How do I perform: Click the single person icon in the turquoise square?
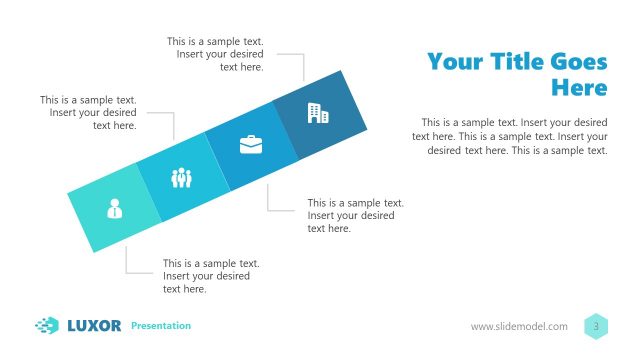[x=115, y=208]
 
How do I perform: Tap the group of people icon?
[x=181, y=178]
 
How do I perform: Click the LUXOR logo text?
[x=94, y=325]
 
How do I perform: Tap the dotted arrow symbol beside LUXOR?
[x=47, y=325]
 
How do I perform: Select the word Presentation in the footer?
[x=161, y=326]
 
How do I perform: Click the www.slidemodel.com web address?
[x=519, y=327]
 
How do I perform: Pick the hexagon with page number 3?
[x=596, y=326]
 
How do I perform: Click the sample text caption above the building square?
[x=221, y=54]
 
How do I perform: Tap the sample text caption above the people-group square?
[x=89, y=113]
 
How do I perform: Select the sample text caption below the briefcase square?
[x=355, y=215]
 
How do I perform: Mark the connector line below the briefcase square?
[x=269, y=199]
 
